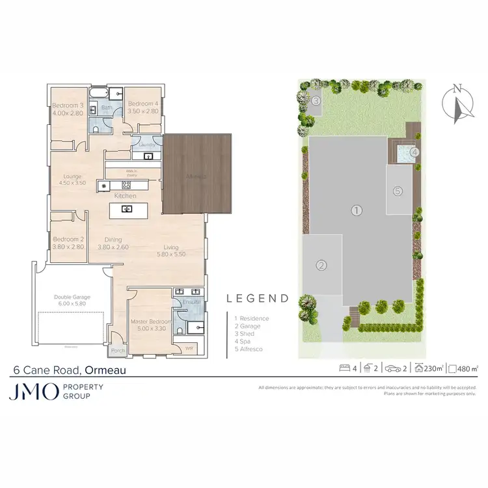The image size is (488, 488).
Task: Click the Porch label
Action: pos(118,350)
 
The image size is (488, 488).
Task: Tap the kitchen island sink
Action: pos(128,209)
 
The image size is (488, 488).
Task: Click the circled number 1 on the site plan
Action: pos(356,210)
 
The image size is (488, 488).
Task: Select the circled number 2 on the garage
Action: pos(321,265)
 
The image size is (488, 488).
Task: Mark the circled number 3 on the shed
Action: pos(315,101)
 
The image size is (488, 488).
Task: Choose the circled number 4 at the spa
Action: pos(414,153)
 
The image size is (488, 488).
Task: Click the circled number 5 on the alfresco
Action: pos(398,191)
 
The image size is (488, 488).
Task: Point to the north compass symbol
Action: pos(457,104)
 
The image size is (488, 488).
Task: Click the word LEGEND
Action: pos(257,299)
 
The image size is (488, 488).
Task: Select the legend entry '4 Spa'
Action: pos(243,341)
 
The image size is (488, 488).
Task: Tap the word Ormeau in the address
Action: pos(105,371)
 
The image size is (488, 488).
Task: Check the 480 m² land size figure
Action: pos(467,369)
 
